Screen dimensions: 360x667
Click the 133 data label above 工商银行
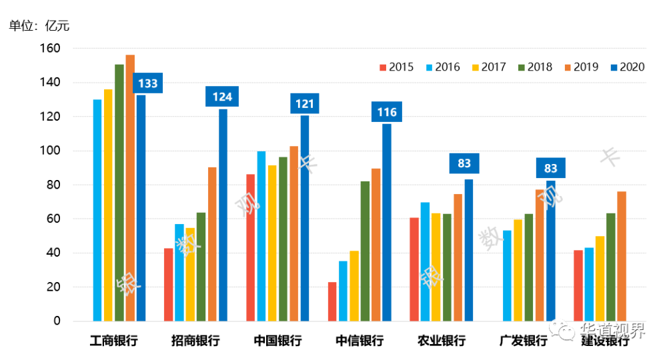pyautogui.click(x=147, y=83)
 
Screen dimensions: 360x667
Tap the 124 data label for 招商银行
pyautogui.click(x=222, y=97)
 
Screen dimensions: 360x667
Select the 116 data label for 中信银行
pyautogui.click(x=387, y=112)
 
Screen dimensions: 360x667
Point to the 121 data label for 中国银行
pyautogui.click(x=305, y=103)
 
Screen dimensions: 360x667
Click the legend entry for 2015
pyautogui.click(x=396, y=67)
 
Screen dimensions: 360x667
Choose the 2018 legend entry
pyautogui.click(x=534, y=67)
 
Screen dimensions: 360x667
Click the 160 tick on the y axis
pyautogui.click(x=51, y=49)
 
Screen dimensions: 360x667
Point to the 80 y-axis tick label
pyautogui.click(x=53, y=185)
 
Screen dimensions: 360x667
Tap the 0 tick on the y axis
pyautogui.click(x=57, y=321)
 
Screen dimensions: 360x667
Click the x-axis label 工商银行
pyautogui.click(x=114, y=341)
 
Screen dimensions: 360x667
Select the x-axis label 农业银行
pyautogui.click(x=442, y=341)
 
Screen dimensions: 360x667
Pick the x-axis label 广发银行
pyautogui.click(x=523, y=341)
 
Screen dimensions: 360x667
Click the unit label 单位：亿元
pyautogui.click(x=39, y=27)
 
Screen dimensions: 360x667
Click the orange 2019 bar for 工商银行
pyautogui.click(x=130, y=187)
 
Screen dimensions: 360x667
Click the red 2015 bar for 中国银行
pyautogui.click(x=250, y=247)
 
